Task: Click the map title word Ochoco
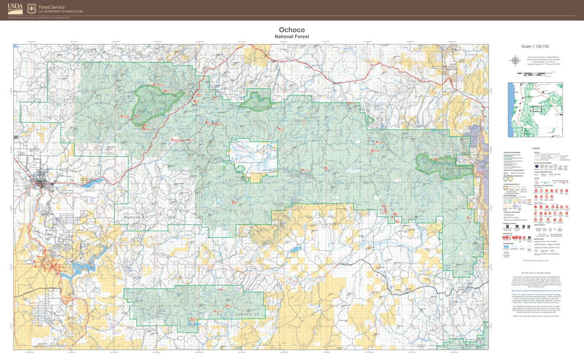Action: coord(292,30)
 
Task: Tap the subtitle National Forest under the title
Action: coord(292,36)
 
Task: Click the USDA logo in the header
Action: coord(15,8)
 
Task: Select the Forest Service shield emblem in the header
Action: coord(32,8)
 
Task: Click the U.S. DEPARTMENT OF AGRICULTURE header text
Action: coord(61,12)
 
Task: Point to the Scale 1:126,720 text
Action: coord(535,46)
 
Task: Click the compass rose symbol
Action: coord(516,61)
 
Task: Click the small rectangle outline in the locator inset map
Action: coord(537,109)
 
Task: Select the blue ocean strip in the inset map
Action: coord(510,109)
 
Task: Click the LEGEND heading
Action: coord(536,148)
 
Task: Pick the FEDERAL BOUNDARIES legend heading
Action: coord(512,152)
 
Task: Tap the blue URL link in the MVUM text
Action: coord(536,291)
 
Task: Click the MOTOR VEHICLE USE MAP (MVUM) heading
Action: coord(536,273)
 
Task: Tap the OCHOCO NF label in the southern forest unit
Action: coord(247,314)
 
